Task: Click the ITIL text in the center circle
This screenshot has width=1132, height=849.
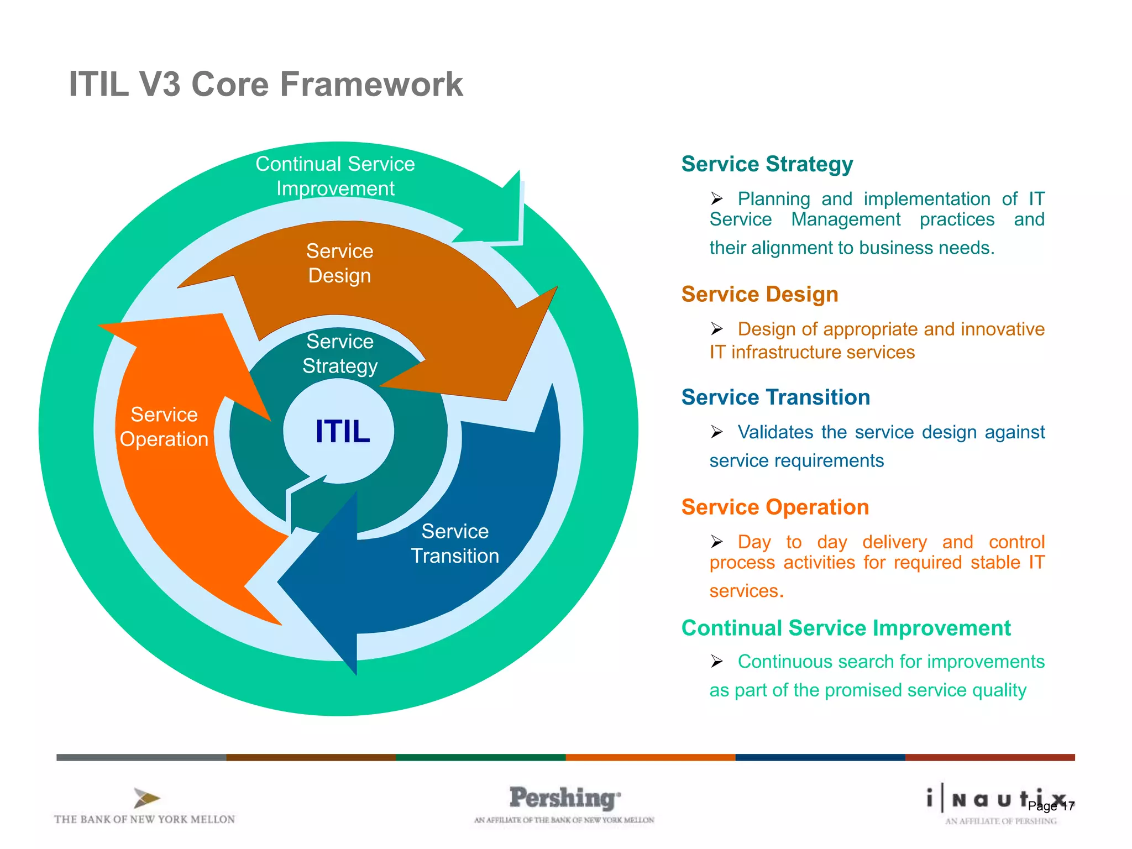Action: tap(342, 431)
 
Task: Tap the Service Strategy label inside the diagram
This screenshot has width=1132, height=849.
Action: tap(339, 354)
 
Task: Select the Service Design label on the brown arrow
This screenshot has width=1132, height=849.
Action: tap(339, 263)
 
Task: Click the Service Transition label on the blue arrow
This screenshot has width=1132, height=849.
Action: tap(455, 543)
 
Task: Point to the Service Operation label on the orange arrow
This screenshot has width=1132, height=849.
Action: tap(164, 427)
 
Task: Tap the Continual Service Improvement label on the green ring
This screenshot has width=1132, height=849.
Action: tap(335, 176)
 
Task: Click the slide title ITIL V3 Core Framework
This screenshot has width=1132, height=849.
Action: tap(265, 85)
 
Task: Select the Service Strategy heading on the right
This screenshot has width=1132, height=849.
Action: tap(767, 164)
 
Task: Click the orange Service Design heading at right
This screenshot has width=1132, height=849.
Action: tap(759, 294)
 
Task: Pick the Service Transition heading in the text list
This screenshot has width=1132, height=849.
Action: tap(775, 397)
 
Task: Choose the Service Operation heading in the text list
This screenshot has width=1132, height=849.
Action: tap(775, 507)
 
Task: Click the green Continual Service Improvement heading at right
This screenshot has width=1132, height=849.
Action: tap(846, 628)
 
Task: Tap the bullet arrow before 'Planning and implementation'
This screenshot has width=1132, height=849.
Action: tap(717, 198)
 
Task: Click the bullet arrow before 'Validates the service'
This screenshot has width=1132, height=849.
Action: tap(717, 432)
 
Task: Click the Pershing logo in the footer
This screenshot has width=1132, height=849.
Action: tap(564, 798)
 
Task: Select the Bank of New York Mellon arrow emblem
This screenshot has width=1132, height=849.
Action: tap(146, 798)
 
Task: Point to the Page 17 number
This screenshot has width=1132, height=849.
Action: tap(1051, 806)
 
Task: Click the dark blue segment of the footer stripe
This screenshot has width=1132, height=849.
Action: tap(820, 757)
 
